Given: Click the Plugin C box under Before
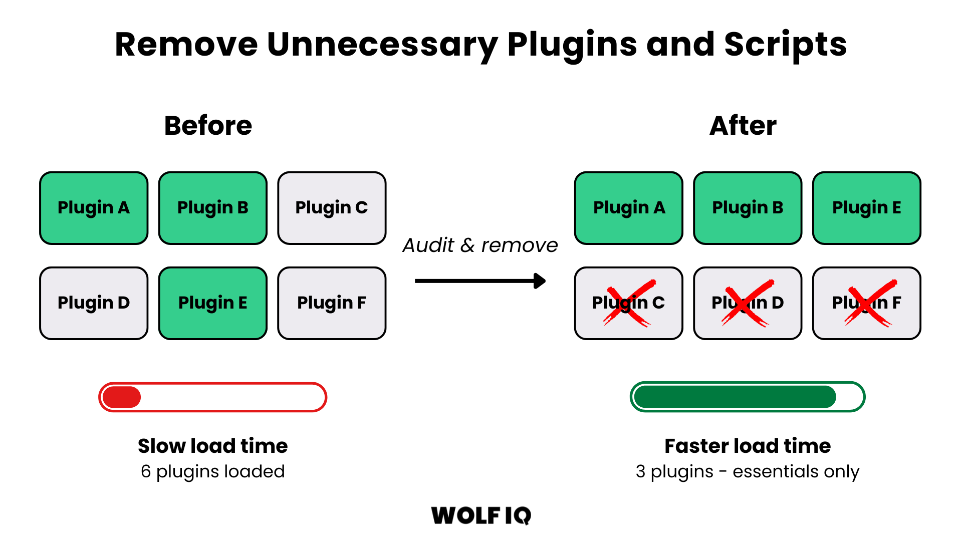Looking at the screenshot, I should [332, 208].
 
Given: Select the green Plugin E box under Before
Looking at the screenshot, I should [212, 303].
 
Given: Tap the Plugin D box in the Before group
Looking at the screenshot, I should [94, 303].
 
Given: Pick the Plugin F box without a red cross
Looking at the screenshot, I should [332, 303].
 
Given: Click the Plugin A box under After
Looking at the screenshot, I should [629, 208].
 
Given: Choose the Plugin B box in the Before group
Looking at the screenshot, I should [212, 208].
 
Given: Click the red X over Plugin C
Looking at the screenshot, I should [628, 303].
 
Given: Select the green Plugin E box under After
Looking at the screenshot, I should [866, 208].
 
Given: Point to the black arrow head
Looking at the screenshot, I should [540, 281].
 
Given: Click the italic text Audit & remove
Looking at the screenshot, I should [480, 245].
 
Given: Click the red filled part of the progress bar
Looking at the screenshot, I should [121, 397].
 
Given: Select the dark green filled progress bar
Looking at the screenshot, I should [735, 397].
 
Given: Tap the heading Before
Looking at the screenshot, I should [208, 126].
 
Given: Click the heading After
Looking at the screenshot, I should [743, 126].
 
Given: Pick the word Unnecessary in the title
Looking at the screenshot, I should [382, 45].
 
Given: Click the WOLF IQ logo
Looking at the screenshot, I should [481, 515].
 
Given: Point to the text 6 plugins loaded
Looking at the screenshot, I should [212, 472].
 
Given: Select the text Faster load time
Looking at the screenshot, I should [747, 446].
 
